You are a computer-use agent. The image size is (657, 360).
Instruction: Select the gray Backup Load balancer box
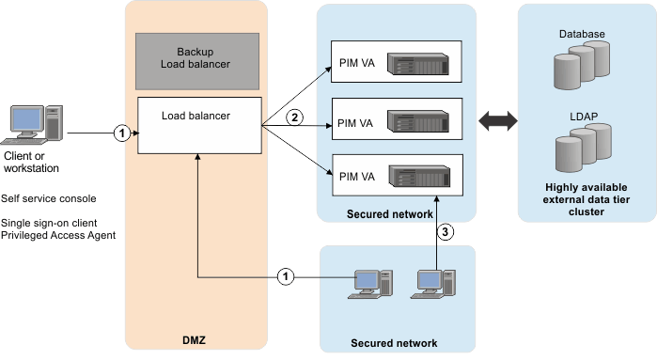point(197,58)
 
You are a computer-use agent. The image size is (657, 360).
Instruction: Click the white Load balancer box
point(197,124)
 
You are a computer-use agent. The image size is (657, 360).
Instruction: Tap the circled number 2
point(294,117)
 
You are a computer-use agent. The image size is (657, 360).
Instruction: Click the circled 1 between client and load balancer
point(119,133)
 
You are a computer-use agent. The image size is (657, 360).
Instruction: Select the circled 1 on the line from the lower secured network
point(288,277)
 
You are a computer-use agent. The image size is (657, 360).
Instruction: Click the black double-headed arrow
point(498,121)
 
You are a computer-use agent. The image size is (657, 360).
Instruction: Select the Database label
point(581,35)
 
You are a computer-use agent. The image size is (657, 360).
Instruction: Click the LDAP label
point(581,116)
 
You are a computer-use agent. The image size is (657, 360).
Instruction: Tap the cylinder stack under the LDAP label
point(581,149)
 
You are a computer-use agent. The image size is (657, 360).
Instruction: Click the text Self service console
point(48,199)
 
